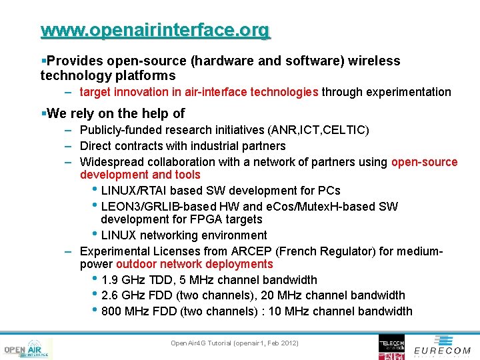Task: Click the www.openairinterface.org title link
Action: tap(155, 30)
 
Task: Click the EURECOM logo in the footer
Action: tap(442, 350)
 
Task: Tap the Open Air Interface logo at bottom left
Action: tap(27, 349)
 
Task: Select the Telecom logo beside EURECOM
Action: tap(391, 347)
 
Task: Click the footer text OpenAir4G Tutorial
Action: tap(234, 343)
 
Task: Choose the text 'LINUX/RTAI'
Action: tap(133, 191)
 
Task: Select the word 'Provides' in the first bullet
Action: tap(69, 61)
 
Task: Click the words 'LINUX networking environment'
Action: tap(184, 235)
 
